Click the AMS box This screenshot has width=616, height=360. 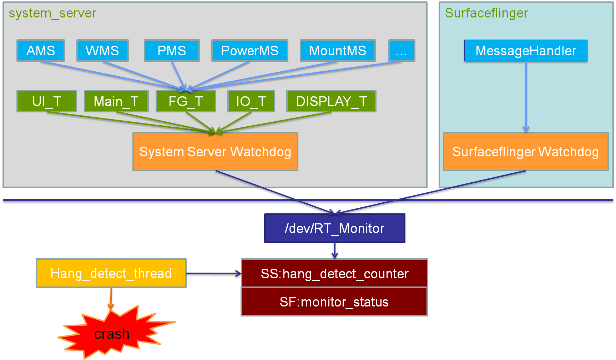coord(41,51)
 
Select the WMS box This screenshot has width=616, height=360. coord(102,51)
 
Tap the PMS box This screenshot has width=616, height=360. coord(172,51)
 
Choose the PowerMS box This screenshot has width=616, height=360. coord(250,51)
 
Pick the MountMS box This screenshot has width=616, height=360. coord(338,51)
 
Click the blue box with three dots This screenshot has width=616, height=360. coord(402,51)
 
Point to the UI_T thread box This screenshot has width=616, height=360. coord(47,101)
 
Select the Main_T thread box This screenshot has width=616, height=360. coord(116,101)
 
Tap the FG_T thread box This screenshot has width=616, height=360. coord(186,101)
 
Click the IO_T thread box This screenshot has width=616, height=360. coord(251,101)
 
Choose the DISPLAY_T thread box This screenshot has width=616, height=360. coord(331,101)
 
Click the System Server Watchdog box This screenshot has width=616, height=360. coord(215,152)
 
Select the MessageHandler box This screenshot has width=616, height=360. coord(526,51)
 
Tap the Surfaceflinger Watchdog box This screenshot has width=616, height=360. coord(526,152)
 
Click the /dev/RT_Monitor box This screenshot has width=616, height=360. coord(335,228)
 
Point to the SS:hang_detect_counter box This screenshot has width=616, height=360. coord(334,273)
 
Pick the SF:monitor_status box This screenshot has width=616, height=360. coord(334,302)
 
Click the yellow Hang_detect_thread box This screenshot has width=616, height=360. coord(111,273)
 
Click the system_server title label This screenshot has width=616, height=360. coord(52,13)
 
